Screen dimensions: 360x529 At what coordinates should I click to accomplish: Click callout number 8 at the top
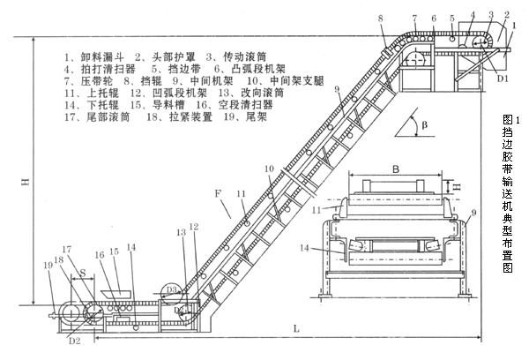[x=380, y=19]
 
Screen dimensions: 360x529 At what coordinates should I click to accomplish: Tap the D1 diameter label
[x=502, y=78]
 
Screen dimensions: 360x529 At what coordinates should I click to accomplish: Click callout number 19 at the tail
[x=48, y=264]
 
